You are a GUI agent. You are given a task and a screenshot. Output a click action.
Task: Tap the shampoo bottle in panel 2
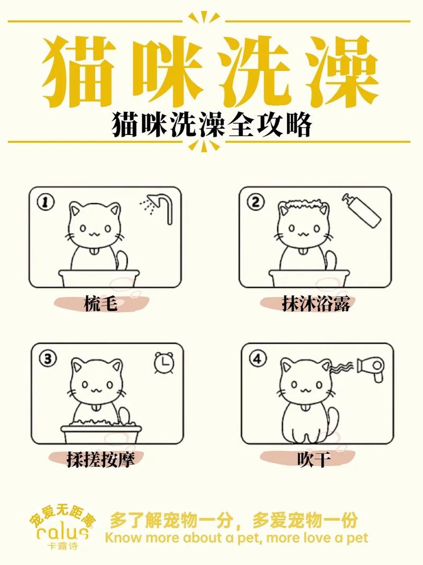[362, 210]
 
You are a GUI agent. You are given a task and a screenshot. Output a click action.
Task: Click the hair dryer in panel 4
[374, 366]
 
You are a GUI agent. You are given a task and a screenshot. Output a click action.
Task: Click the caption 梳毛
[100, 304]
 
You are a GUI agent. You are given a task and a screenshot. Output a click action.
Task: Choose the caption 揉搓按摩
[100, 459]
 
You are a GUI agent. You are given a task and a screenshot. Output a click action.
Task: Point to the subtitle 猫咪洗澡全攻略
[211, 125]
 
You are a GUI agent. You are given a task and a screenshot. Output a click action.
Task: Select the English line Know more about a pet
[236, 538]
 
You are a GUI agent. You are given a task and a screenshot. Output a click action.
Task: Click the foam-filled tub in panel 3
[100, 432]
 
